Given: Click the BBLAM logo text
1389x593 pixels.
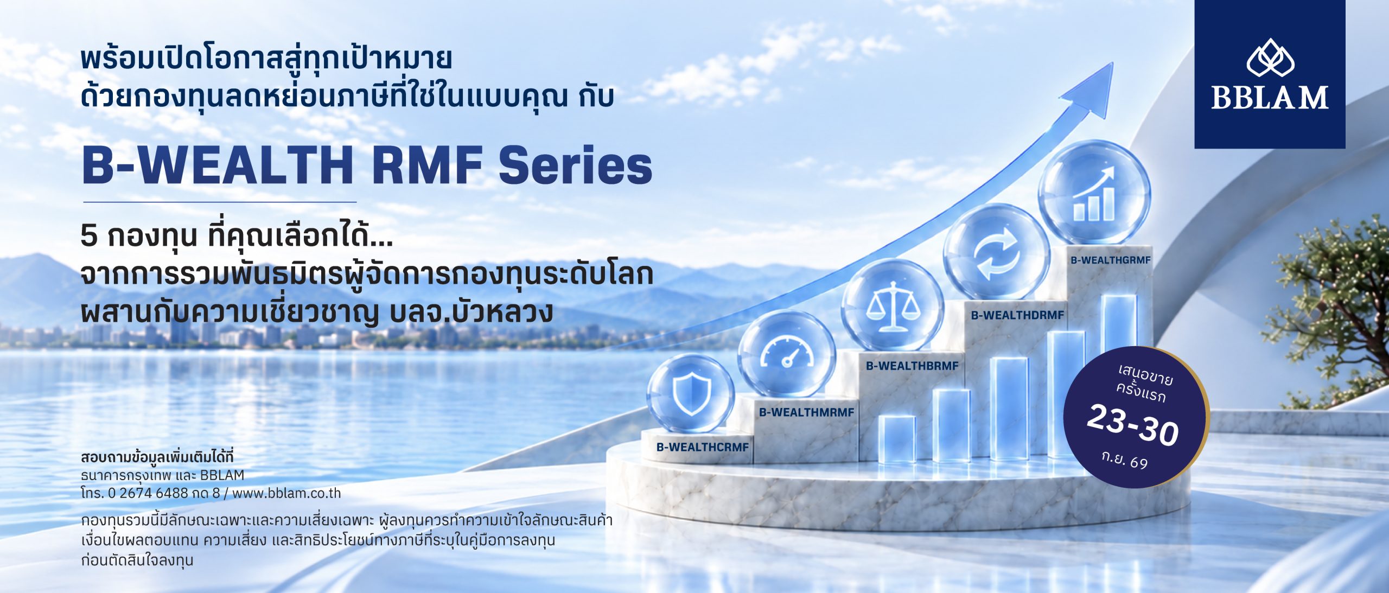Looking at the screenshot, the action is coord(1270,98).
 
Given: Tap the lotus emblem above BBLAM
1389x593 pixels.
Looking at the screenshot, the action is coord(1270,58).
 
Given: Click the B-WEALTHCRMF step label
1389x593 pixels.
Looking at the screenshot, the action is coord(702,448).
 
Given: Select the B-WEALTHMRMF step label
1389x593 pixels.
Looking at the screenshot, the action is coord(806,412).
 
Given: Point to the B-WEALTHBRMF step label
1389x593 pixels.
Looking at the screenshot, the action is coord(912,366).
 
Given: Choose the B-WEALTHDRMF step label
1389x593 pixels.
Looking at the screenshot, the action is coord(1017,315).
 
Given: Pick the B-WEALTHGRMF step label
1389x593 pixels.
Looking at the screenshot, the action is coord(1110,260).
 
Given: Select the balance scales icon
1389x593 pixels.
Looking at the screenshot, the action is coord(893,306).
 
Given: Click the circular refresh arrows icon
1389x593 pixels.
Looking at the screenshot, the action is coord(996,253).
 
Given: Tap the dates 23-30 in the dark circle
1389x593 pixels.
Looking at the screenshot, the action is coord(1133,425).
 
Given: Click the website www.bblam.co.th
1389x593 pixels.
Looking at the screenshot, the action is coord(286,493).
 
